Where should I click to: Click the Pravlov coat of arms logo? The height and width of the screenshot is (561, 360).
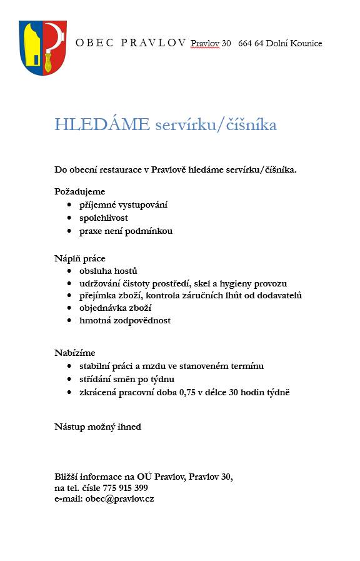(42, 48)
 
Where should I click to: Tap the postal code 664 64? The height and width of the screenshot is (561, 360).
(250, 43)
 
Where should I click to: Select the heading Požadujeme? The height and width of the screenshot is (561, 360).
(79, 191)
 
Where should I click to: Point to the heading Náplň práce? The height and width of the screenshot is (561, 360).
(79, 258)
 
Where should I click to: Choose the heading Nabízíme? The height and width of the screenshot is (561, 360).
(74, 353)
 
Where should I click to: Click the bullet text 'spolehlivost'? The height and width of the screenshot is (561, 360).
(104, 218)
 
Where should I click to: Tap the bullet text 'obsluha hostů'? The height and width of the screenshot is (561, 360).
(108, 271)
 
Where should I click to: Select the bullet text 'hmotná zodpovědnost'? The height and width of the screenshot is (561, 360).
(125, 320)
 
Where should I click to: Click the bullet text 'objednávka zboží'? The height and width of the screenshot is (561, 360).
(116, 308)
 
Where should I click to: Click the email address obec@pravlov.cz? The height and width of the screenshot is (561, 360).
(119, 499)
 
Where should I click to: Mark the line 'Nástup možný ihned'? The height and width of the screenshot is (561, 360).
(97, 427)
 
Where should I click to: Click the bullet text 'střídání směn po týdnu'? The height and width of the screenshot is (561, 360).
(127, 379)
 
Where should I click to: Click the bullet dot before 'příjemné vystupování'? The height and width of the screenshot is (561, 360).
(69, 205)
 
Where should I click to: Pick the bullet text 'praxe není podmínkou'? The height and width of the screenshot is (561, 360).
(126, 231)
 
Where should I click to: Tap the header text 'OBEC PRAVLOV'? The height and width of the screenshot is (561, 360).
(131, 43)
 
